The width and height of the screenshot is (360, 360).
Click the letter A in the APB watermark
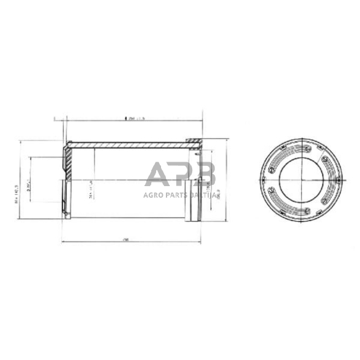click(157, 175)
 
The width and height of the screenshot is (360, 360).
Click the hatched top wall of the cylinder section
click(129, 145)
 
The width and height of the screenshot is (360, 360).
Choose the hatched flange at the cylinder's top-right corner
click(193, 144)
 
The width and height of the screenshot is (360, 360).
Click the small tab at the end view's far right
click(339, 179)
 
